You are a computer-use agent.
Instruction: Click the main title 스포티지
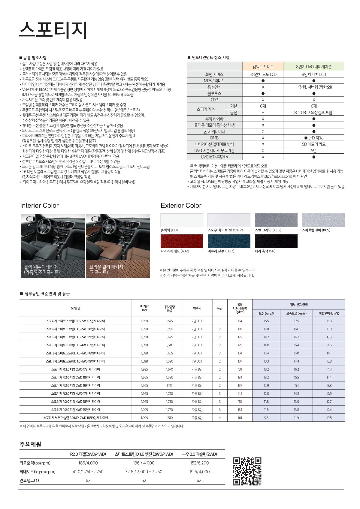click(53, 30)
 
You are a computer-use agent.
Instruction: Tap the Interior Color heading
click(39, 206)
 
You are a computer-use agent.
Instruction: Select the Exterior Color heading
click(181, 206)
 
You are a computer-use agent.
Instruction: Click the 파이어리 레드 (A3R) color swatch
click(182, 241)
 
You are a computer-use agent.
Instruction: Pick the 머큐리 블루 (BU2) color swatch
click(229, 241)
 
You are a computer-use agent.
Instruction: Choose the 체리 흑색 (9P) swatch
click(276, 241)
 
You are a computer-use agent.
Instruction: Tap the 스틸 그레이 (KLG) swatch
click(276, 220)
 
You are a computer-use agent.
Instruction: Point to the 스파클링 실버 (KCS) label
click(316, 230)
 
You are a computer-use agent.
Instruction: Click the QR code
click(247, 471)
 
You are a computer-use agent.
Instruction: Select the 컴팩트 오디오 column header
click(263, 67)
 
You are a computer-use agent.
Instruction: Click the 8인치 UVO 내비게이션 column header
click(314, 67)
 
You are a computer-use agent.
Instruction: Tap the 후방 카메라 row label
click(214, 119)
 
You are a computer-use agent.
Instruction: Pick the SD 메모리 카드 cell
click(314, 144)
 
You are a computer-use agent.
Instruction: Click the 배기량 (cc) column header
click(144, 308)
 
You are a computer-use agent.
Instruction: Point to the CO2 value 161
click(240, 418)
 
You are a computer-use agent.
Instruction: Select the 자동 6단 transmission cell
click(197, 418)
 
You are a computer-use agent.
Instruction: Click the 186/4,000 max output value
click(88, 463)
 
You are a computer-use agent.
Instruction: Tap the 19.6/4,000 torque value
click(199, 472)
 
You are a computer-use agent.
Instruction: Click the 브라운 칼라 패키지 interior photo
click(118, 245)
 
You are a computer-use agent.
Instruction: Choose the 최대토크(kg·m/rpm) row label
click(38, 472)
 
